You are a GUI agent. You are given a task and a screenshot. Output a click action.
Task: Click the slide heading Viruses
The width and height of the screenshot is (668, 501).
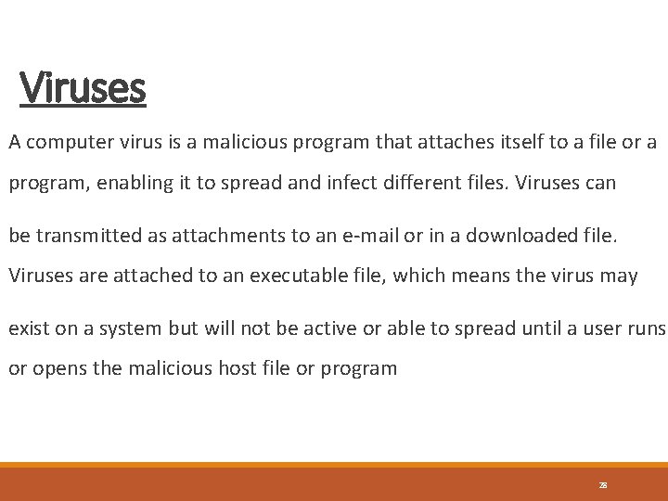[x=83, y=88]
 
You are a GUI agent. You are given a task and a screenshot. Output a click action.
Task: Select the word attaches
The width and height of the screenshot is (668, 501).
[x=436, y=143]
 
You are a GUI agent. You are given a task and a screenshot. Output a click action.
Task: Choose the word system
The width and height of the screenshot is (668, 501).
[x=134, y=328]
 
